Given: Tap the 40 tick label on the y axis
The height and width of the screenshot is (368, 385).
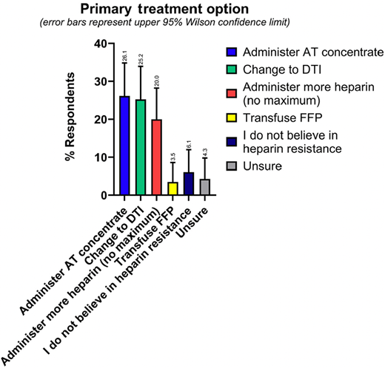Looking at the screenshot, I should coord(100,44).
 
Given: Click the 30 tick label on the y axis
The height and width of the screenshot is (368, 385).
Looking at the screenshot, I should coord(100,81).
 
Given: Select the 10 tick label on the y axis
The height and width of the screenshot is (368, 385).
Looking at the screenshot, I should coord(100,157).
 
